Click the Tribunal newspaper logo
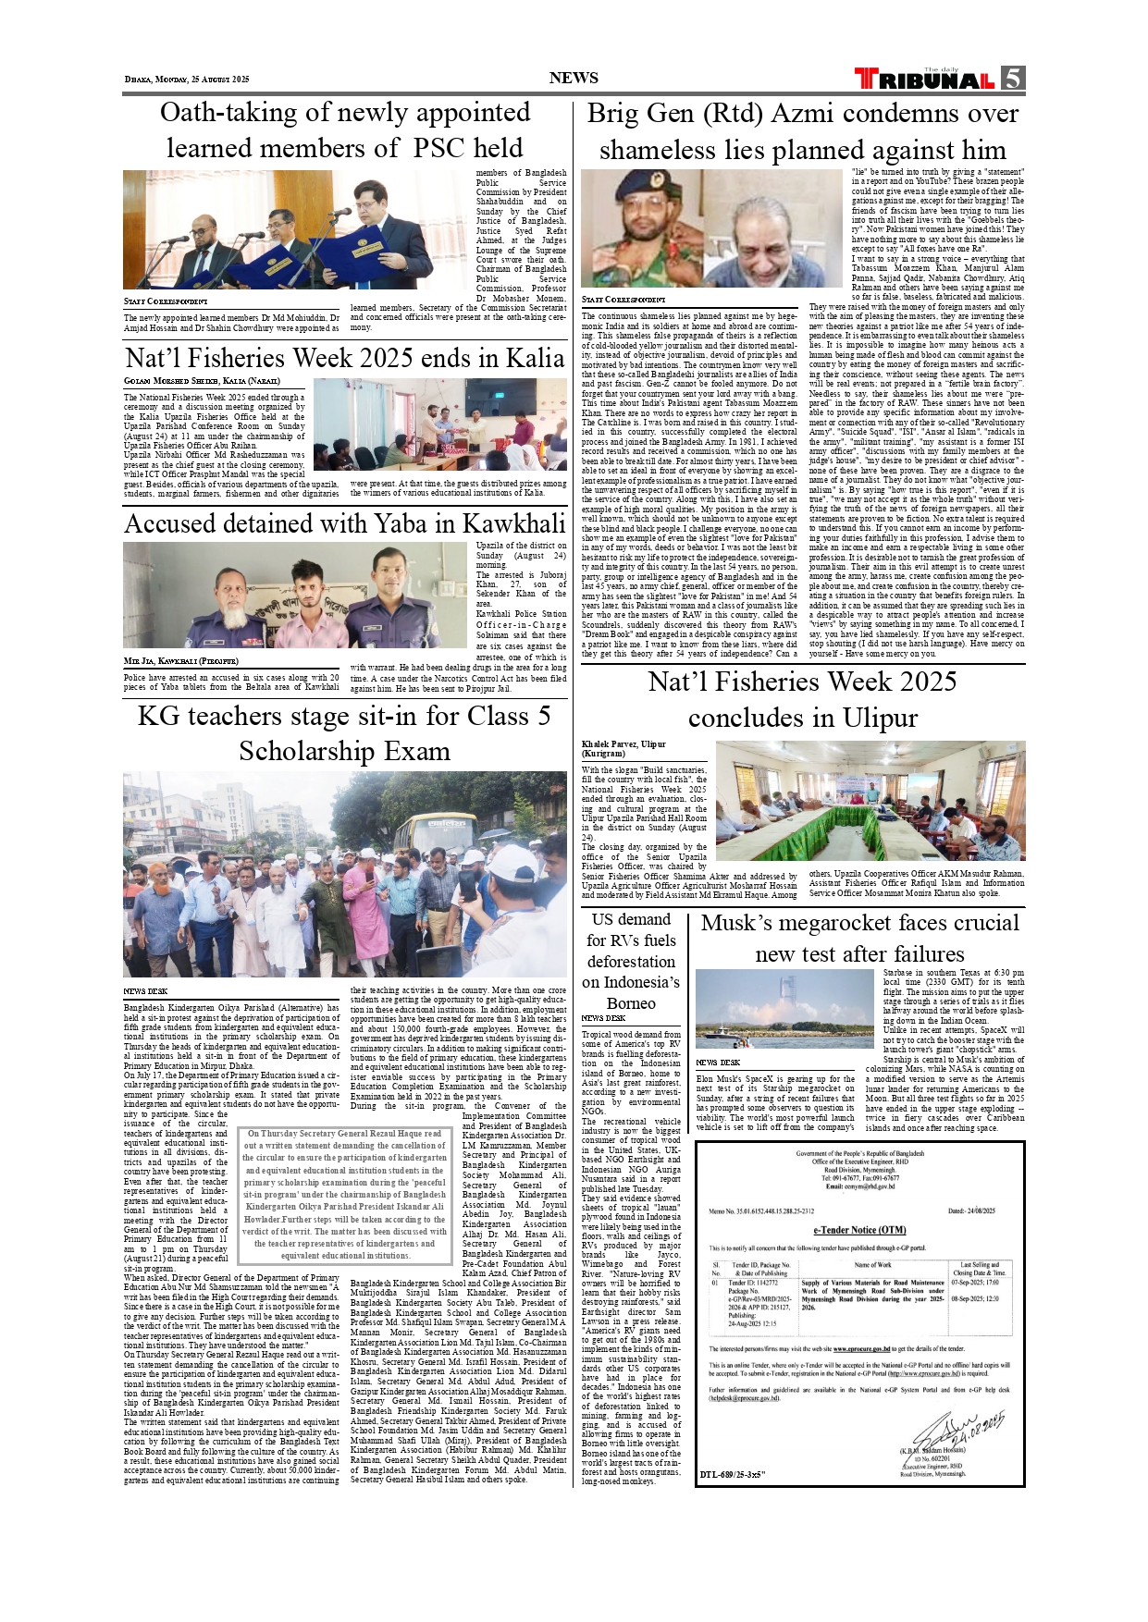tap(924, 80)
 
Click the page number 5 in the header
tap(1013, 79)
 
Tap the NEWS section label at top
tap(574, 79)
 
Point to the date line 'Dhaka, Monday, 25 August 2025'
tap(187, 80)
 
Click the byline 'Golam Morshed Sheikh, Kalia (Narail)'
tap(202, 381)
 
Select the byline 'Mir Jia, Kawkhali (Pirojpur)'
tap(181, 661)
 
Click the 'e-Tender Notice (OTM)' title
tap(859, 1230)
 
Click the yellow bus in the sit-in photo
tap(426, 829)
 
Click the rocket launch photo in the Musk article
tap(784, 1007)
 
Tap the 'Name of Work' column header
tap(872, 1264)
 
